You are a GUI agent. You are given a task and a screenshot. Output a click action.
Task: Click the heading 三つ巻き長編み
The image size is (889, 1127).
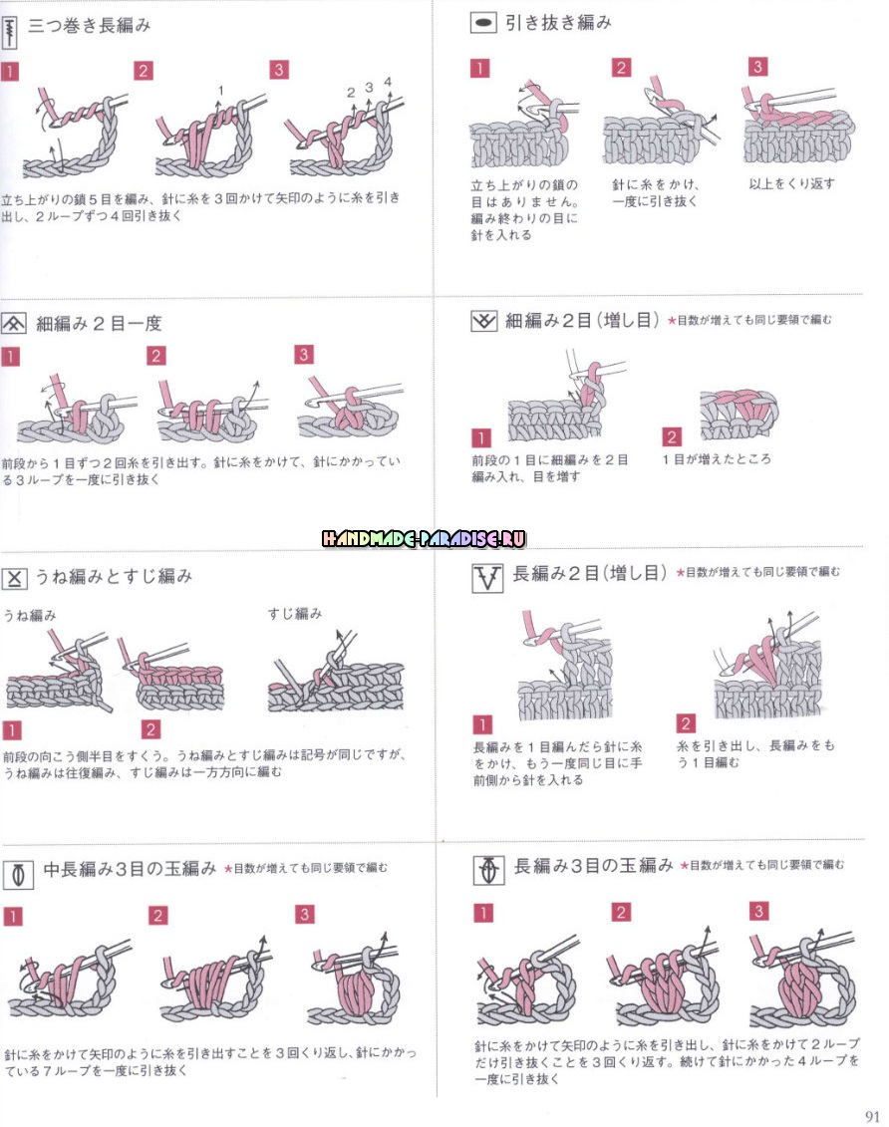click(89, 26)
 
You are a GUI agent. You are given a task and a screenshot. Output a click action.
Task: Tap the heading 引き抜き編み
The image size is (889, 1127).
click(558, 23)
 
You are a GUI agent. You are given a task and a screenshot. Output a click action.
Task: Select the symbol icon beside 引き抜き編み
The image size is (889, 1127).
click(483, 23)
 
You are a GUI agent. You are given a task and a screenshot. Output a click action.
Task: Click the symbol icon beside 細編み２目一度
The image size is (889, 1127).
click(14, 324)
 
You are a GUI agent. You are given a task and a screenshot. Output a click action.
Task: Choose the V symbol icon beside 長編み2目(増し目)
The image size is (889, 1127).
click(487, 578)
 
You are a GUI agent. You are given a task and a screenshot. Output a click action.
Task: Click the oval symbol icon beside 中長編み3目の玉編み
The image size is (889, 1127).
click(19, 875)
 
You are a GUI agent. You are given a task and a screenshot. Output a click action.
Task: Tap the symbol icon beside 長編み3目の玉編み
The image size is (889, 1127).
click(488, 870)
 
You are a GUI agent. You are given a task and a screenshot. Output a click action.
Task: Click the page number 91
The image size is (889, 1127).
click(872, 1115)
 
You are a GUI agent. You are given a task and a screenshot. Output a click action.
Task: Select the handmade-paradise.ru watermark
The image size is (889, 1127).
click(424, 538)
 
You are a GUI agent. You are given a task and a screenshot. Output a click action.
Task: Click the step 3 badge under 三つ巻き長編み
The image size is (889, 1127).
click(279, 70)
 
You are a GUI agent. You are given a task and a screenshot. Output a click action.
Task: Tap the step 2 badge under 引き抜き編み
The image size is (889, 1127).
click(621, 68)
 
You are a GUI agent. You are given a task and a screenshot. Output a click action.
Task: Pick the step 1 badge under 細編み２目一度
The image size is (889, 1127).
click(10, 357)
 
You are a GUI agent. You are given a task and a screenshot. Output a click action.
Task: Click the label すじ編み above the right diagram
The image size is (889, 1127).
click(295, 613)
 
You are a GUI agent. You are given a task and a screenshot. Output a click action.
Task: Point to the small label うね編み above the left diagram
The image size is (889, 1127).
click(30, 615)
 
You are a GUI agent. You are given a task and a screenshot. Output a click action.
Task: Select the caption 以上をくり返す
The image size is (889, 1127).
click(791, 184)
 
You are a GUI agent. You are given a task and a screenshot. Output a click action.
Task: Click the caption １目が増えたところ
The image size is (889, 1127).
click(717, 458)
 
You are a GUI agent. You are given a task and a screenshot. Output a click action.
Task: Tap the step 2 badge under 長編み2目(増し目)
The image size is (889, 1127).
click(686, 723)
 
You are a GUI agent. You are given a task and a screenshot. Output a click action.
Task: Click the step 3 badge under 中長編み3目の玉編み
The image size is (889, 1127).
click(305, 914)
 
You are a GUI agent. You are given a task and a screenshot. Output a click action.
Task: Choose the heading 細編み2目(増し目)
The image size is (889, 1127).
click(582, 321)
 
